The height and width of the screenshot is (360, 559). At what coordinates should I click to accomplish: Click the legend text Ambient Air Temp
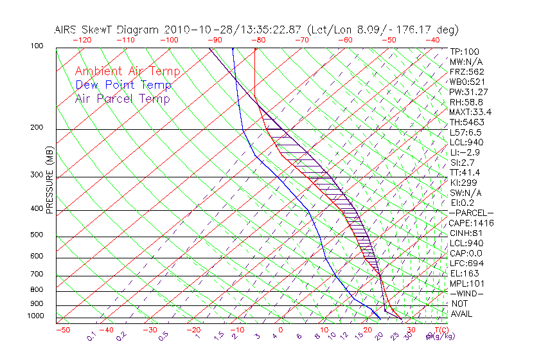click(127, 71)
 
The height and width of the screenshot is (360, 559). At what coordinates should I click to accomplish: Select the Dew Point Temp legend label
click(123, 85)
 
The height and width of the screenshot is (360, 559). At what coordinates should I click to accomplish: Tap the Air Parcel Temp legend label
click(122, 98)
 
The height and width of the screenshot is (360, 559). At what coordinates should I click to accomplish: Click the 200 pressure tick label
click(37, 127)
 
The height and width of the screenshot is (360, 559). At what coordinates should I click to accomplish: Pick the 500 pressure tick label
click(37, 235)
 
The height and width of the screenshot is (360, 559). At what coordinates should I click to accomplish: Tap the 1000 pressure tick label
click(35, 316)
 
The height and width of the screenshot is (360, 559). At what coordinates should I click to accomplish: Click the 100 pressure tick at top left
click(37, 46)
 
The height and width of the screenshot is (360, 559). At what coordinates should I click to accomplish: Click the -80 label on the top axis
click(258, 39)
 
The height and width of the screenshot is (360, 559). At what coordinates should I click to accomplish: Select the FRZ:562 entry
click(466, 71)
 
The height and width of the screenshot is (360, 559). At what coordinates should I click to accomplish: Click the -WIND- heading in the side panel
click(466, 293)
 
